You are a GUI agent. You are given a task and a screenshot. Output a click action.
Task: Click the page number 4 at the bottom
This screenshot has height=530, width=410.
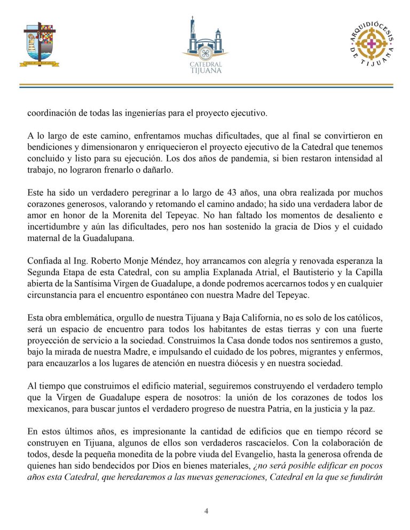tap(206, 511)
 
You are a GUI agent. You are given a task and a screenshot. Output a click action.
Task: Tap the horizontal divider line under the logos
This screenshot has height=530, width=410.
tap(205, 86)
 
